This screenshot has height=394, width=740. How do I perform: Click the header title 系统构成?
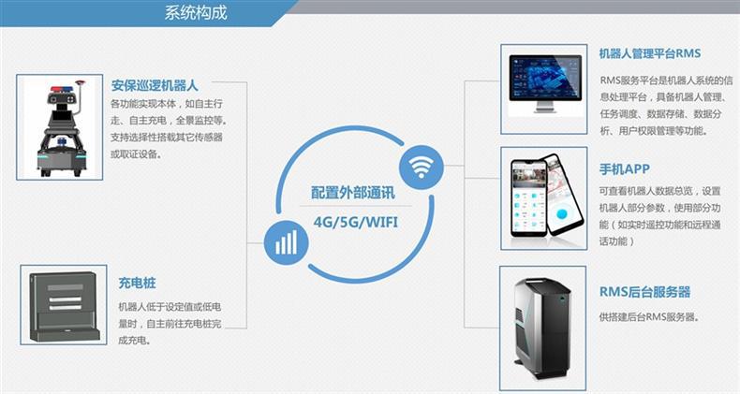coord(196,13)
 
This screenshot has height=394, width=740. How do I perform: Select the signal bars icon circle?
coord(286,243)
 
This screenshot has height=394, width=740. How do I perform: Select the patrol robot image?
coord(58,127)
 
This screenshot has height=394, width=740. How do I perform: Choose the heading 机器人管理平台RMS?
coord(650,53)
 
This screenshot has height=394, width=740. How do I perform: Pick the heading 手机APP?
coord(624,169)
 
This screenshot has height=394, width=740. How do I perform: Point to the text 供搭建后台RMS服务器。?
coord(648,317)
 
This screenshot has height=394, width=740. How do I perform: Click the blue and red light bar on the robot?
coord(56,92)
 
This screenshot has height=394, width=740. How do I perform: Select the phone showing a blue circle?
coord(560,198)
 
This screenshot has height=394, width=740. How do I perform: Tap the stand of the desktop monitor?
coord(544,109)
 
